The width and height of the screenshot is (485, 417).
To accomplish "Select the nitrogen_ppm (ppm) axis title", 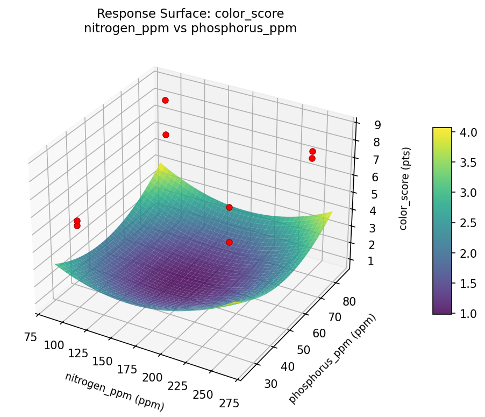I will (115, 392).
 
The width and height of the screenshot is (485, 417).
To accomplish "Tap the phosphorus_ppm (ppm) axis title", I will (332, 359).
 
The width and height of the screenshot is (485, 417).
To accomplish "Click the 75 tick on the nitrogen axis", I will (30, 337).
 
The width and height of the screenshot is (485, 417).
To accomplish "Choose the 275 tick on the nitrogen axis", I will (229, 402).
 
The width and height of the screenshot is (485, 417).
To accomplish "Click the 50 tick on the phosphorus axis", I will (304, 350).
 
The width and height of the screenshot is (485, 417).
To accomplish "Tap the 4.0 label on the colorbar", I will (469, 132).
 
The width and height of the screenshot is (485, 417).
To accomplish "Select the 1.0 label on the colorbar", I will (469, 314).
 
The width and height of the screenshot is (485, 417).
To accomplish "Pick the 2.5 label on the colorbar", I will (469, 223).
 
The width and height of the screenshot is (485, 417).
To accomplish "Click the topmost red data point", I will (165, 100).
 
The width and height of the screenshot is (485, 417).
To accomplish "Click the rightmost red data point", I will (312, 151).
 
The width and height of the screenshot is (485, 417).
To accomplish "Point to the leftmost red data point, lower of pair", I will (77, 225).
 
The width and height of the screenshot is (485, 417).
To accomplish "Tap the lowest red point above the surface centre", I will (229, 242).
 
